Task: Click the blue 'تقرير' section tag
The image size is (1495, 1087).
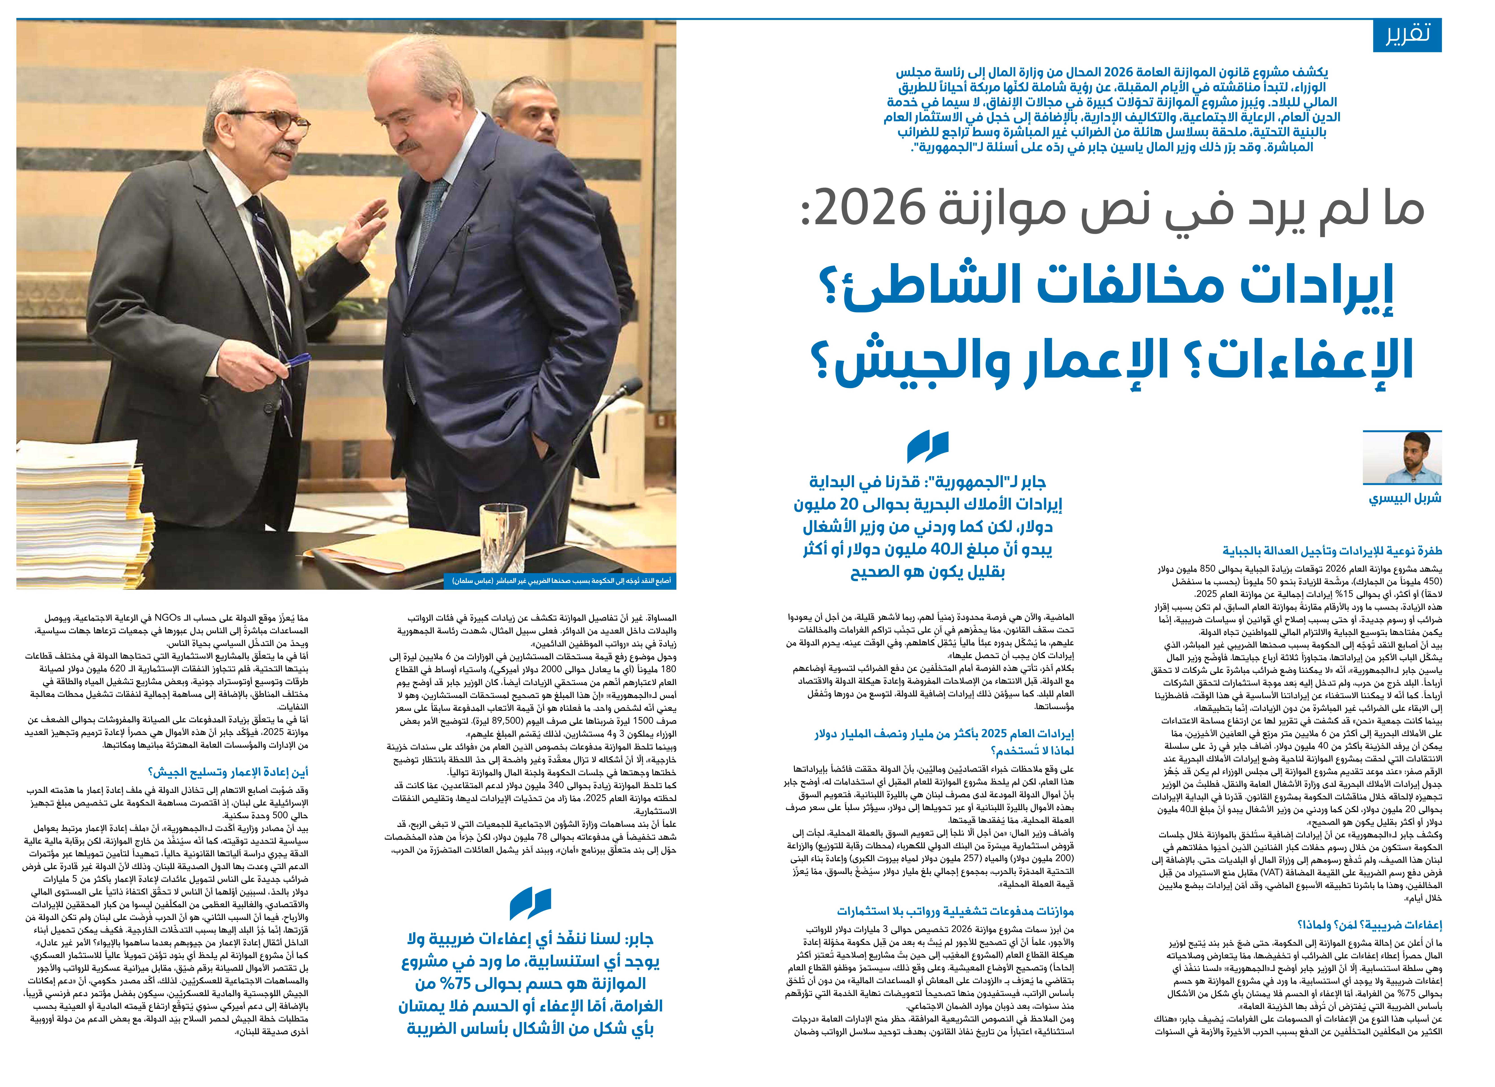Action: click(x=1407, y=36)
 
